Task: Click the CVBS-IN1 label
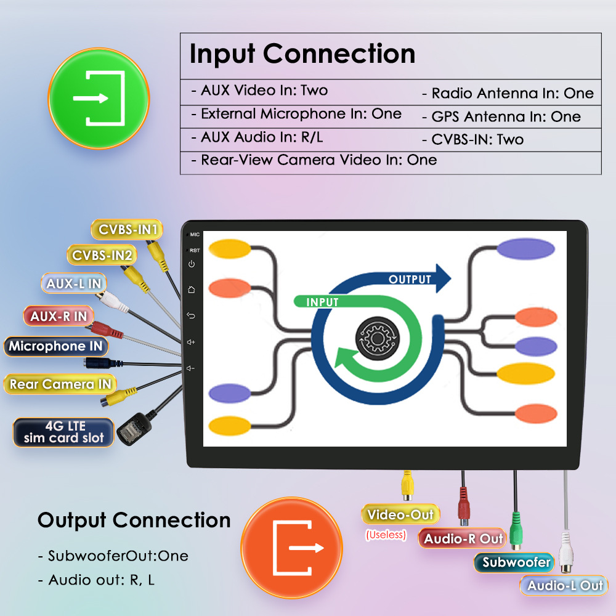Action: [x=127, y=230]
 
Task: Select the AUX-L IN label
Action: [x=74, y=284]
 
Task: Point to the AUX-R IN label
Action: [x=59, y=317]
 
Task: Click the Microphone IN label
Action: [x=55, y=346]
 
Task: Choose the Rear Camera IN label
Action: [x=60, y=384]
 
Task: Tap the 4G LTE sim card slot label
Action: [x=64, y=432]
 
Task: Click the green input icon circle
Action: [x=99, y=99]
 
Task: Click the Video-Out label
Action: [x=400, y=515]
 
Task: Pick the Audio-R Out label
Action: [x=463, y=539]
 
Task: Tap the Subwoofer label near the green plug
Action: [x=516, y=562]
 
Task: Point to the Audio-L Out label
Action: [x=565, y=585]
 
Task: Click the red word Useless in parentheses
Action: [x=386, y=535]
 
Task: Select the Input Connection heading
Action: [x=302, y=54]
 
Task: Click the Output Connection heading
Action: [x=134, y=521]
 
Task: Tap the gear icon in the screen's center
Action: [x=376, y=337]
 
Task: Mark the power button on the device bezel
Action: [x=192, y=264]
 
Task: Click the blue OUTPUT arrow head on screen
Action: [x=442, y=278]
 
